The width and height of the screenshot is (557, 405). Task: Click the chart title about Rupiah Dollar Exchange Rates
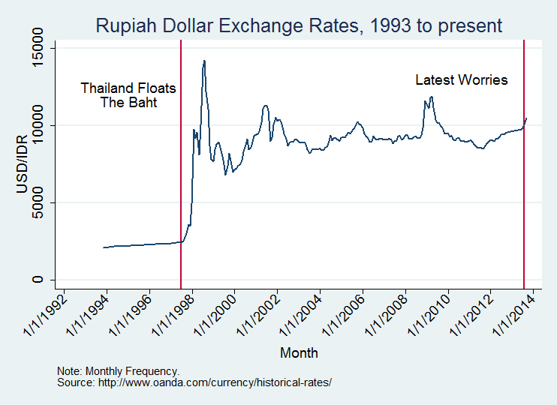coord(299,26)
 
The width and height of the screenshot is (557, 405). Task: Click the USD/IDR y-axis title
coord(22,164)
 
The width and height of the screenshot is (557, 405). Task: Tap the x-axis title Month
coord(299,352)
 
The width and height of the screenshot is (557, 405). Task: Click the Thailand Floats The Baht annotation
coord(128,95)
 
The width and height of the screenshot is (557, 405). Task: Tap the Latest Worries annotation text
coord(462,80)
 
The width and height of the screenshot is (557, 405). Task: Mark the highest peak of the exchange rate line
coord(204,61)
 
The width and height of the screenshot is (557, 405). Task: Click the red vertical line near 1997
coord(182,187)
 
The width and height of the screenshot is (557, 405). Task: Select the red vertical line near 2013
coord(523,187)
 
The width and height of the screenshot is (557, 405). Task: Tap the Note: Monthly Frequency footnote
coord(118,371)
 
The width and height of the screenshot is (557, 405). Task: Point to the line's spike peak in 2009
coord(432,97)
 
